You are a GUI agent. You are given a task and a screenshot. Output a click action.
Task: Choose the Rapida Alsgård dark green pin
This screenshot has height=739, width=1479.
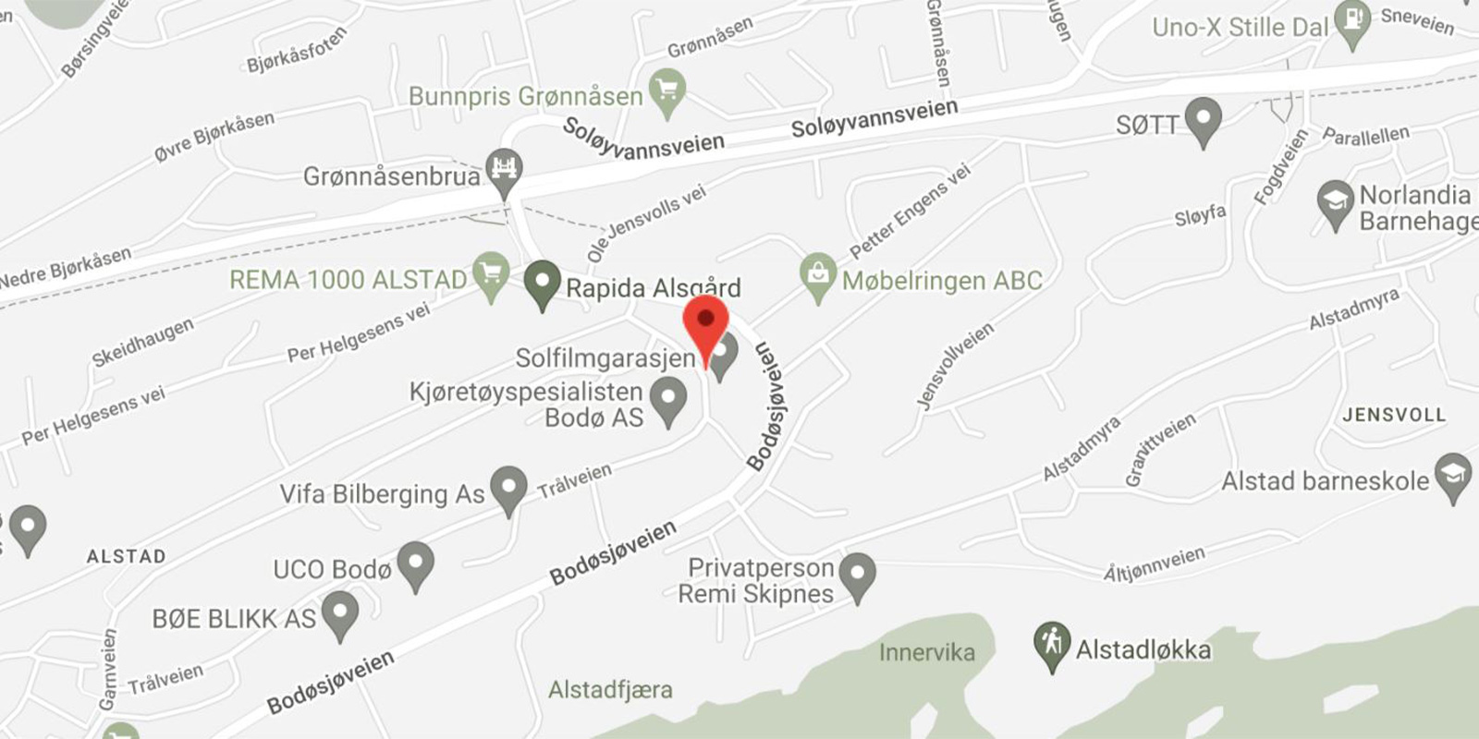tap(543, 282)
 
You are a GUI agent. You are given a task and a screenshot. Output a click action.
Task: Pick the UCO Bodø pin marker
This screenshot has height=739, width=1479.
tap(416, 563)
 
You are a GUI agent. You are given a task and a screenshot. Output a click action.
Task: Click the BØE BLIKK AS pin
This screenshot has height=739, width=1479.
tap(340, 612)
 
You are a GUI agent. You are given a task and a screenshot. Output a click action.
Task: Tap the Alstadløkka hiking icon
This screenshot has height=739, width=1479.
tap(1052, 644)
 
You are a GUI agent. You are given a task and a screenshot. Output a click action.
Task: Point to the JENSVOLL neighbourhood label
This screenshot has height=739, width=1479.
tap(1393, 415)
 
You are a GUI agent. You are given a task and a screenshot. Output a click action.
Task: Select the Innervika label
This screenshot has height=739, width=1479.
tap(926, 652)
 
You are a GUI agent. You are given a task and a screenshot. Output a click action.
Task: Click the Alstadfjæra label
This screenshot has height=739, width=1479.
tap(610, 689)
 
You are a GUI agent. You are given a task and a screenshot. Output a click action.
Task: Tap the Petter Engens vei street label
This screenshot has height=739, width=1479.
tap(910, 212)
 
